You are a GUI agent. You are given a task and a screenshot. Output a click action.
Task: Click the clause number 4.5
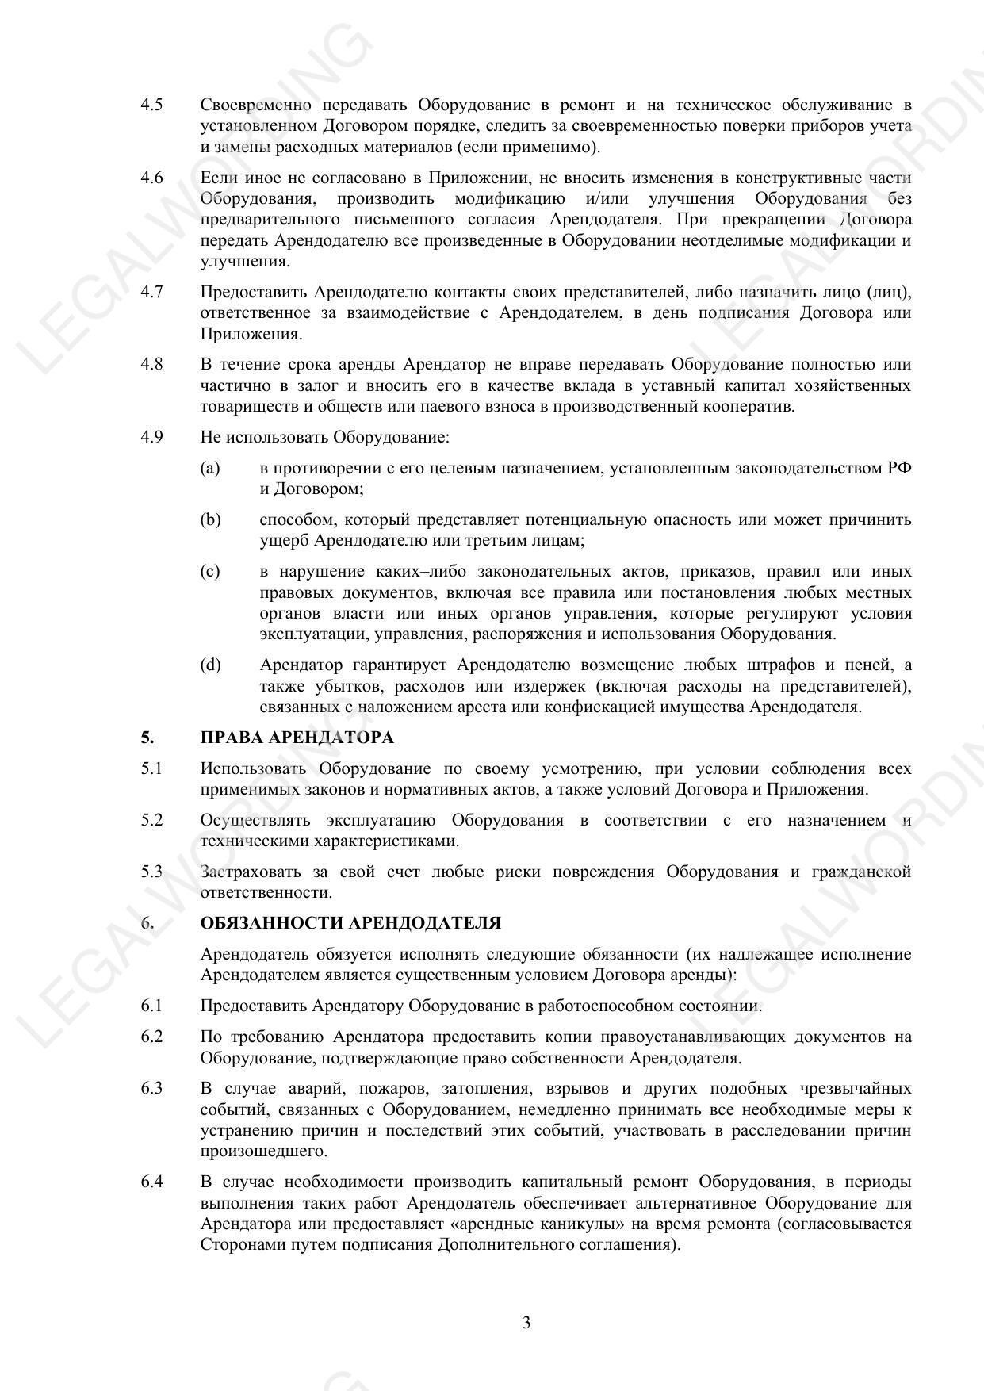click(151, 105)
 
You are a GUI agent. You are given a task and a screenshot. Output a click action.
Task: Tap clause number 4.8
click(151, 364)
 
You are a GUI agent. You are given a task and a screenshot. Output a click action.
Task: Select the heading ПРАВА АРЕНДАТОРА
click(297, 738)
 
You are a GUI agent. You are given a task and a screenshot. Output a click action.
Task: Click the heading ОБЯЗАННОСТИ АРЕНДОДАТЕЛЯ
click(350, 923)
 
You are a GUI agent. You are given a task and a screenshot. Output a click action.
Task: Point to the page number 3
click(526, 1323)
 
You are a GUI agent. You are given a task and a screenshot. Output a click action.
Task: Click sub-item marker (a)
click(210, 468)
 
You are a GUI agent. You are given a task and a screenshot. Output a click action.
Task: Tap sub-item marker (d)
click(210, 665)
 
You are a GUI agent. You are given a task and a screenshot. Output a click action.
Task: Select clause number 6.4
click(151, 1182)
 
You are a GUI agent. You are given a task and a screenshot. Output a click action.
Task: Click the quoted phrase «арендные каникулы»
click(536, 1224)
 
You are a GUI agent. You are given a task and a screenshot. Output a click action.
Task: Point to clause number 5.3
click(151, 872)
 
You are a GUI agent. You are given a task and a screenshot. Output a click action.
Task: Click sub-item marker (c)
click(210, 572)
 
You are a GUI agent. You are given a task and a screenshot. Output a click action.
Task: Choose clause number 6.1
click(151, 1006)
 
